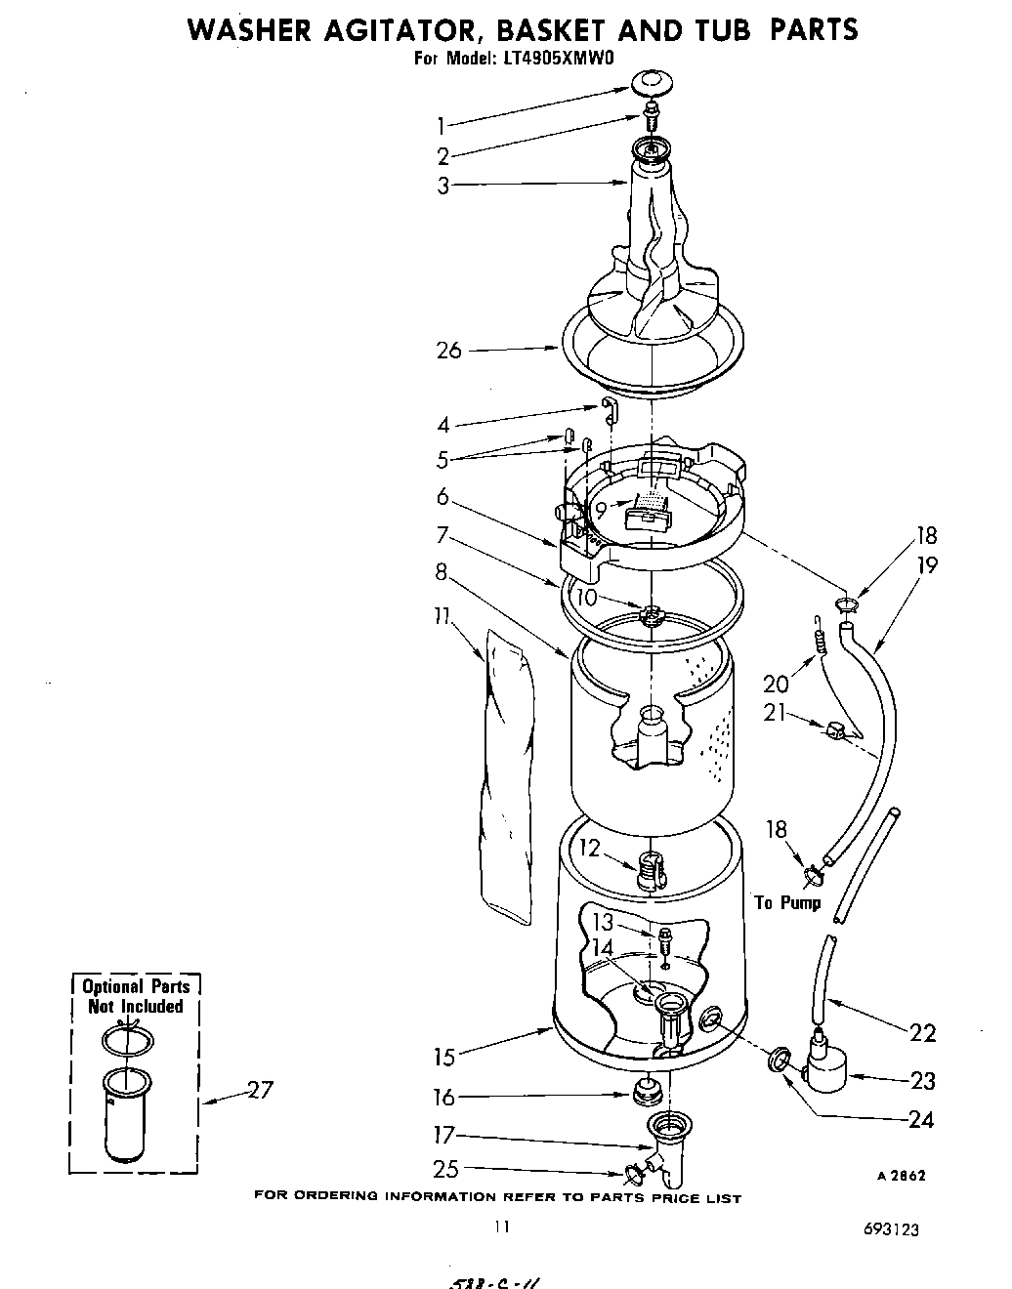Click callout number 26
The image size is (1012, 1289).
coord(449,350)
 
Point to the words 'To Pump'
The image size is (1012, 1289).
coord(787,902)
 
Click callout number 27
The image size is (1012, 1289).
coord(258,1091)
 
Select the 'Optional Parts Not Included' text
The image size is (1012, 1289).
coord(135,996)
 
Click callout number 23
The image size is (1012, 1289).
coord(921,1080)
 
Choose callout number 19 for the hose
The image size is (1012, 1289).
coord(926,564)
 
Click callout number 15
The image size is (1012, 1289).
coord(443,1057)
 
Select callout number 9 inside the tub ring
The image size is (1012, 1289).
coord(601,509)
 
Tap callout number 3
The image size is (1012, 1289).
coord(443,186)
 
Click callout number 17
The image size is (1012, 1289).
coord(443,1136)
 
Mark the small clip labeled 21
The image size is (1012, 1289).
coord(834,730)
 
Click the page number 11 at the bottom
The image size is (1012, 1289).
coord(501,1227)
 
